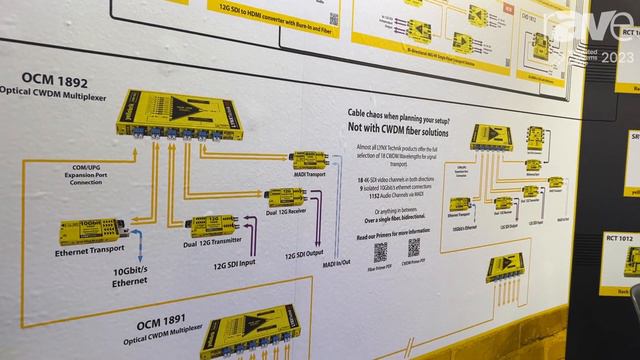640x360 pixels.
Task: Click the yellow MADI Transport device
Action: tap(311, 158)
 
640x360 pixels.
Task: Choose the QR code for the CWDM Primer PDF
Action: tap(413, 248)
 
